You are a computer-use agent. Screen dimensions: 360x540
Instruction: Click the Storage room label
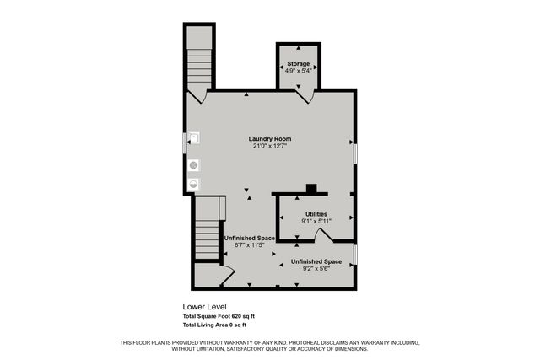point(299,64)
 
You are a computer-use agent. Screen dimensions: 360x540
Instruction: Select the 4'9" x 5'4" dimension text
point(299,72)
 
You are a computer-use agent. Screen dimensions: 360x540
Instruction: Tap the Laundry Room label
point(270,138)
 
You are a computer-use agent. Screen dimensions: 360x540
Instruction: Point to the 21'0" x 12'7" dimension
point(270,146)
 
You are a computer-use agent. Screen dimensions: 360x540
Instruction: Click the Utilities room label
point(316,214)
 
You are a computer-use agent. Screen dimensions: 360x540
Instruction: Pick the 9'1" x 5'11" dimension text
point(316,222)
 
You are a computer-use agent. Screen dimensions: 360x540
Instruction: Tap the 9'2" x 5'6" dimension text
point(316,270)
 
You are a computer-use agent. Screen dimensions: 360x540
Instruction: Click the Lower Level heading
point(204,307)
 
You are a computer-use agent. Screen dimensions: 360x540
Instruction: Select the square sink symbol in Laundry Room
point(193,136)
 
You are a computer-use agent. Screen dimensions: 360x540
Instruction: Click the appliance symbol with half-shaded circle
point(193,181)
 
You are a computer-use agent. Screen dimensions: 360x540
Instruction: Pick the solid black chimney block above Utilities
point(312,189)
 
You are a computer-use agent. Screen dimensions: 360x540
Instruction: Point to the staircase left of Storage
point(199,64)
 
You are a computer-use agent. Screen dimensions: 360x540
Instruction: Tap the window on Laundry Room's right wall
point(354,152)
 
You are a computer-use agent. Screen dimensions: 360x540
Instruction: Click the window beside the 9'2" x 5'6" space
point(354,254)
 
